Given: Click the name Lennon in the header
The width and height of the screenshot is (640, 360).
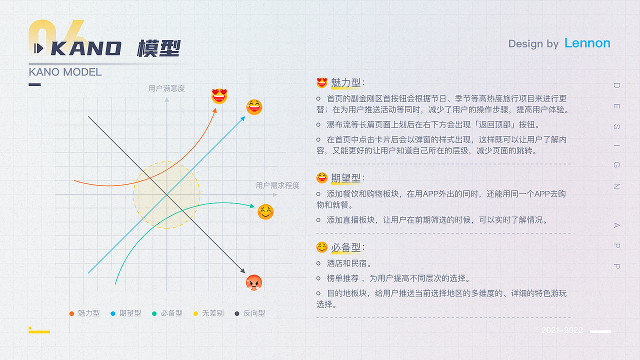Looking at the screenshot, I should coord(587,43).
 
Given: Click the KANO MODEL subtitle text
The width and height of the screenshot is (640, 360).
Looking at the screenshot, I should coord(65,72).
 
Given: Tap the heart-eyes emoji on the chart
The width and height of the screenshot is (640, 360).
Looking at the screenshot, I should coord(219,96).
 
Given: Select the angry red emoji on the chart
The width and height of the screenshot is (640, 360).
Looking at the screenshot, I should coord(254,283).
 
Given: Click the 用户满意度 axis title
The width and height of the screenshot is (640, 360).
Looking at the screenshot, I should coord(166,88).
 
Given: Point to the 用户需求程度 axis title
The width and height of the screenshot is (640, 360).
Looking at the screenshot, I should coord(277,185).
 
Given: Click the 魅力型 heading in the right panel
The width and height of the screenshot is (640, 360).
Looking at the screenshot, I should coord(345,83).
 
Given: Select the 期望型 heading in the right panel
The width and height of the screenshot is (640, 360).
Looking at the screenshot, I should coord(345,178).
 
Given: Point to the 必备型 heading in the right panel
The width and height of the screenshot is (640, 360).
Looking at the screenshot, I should coord(345,247).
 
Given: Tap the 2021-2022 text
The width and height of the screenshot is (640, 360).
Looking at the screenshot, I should coord(562,330).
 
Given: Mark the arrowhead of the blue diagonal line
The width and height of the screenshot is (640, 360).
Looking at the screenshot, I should coord(243,118).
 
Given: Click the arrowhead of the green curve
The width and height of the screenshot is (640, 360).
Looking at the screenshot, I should coord(253,205).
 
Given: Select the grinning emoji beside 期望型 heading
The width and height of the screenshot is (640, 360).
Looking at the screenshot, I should coord(322,177).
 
